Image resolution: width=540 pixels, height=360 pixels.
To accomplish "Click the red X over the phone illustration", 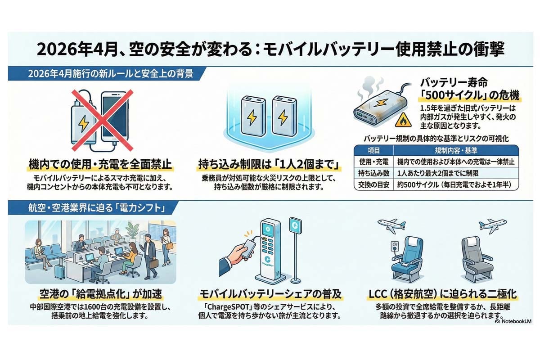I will click(x=102, y=119).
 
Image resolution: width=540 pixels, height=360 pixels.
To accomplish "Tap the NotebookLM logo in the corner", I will click(x=513, y=322).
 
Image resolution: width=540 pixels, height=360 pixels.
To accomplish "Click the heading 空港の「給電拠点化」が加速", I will click(x=99, y=295).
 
